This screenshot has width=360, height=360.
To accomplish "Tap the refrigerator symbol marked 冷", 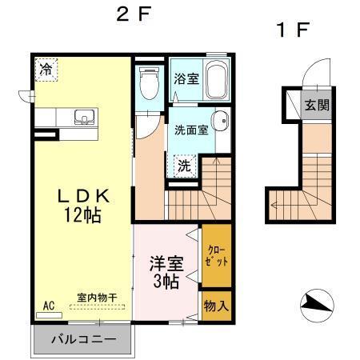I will (46, 70).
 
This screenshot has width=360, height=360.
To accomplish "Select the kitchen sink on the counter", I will (84, 118).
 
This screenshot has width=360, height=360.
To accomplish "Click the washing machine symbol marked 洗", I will (184, 166).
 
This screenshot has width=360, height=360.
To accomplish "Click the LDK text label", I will (81, 195).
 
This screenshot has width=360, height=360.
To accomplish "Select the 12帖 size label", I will (82, 214).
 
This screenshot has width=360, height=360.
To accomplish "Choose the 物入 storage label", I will (216, 306).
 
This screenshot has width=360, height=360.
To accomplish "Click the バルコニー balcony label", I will (83, 338).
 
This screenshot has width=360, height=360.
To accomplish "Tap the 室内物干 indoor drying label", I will (97, 298).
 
